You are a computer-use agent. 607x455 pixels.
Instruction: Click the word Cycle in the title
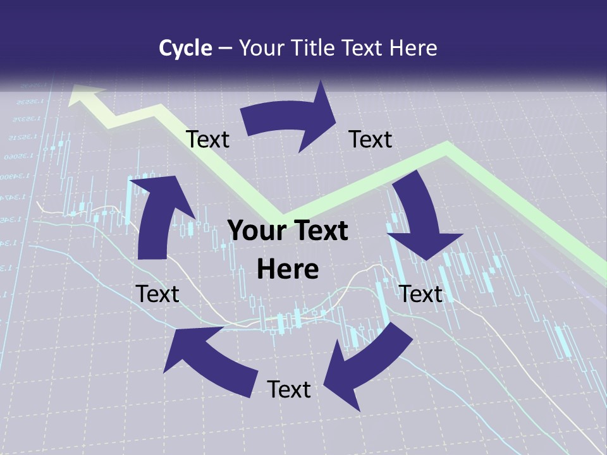[x=185, y=48]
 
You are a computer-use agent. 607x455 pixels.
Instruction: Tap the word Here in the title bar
[x=414, y=48]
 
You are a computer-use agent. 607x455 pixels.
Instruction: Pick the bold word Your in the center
[x=256, y=231]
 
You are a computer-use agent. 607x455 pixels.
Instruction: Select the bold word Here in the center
[x=288, y=270]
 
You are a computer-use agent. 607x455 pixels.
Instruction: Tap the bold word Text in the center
[x=319, y=231]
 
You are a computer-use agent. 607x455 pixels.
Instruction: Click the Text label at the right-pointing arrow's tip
[x=371, y=139]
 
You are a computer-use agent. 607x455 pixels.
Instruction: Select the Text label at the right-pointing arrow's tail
[x=207, y=139]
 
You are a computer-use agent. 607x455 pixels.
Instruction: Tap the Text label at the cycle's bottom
[x=289, y=389]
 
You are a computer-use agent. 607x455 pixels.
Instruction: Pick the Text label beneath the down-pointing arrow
[x=420, y=294]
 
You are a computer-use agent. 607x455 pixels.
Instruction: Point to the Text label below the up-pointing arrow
[x=157, y=294]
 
